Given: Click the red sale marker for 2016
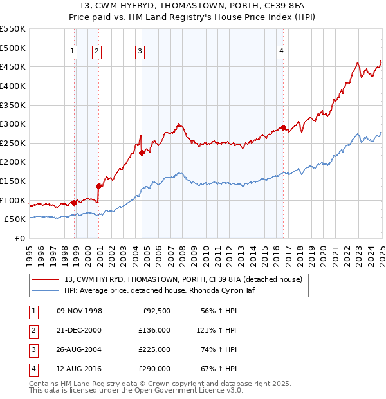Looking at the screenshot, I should (283, 127).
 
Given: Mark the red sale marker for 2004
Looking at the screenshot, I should (142, 153).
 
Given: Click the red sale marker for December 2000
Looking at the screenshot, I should (99, 186).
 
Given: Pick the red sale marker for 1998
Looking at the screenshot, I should (75, 203).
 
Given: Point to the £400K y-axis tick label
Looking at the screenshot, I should (13, 86).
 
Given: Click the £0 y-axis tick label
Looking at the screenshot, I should (19, 238).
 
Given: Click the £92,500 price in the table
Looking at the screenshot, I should (156, 311).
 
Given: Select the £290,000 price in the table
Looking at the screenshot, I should (154, 369).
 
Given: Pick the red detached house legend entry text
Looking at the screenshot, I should (178, 279).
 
